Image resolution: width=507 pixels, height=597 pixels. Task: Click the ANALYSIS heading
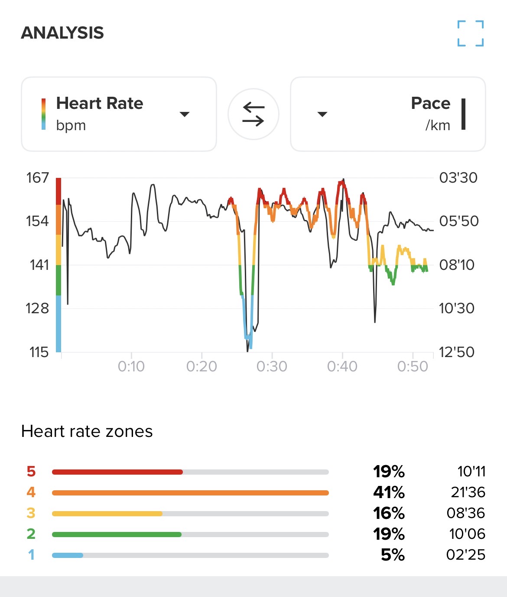(62, 33)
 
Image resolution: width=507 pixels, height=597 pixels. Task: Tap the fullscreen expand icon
(471, 33)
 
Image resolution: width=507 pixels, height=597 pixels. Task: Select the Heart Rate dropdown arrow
(185, 114)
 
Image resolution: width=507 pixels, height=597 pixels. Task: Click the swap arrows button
(253, 114)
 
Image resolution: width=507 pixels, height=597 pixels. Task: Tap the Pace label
(430, 103)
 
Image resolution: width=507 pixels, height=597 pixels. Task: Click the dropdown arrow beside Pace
(322, 114)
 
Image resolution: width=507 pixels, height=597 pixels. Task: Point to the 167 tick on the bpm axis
(38, 177)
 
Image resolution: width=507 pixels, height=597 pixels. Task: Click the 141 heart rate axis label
(39, 265)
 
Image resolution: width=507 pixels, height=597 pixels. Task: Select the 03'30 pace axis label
(458, 177)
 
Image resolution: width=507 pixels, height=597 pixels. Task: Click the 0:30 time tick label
(272, 367)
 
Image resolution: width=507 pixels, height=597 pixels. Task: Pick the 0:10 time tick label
(131, 367)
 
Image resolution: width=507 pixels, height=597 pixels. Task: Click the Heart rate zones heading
(87, 431)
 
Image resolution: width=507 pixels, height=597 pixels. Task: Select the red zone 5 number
(31, 471)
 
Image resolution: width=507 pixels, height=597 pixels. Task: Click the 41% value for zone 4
(389, 492)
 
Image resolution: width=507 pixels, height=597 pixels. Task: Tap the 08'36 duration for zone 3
(466, 513)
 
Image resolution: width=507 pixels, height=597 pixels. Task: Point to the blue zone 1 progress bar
(68, 555)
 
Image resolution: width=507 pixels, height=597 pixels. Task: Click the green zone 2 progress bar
(117, 534)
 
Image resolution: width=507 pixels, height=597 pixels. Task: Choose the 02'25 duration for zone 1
(466, 554)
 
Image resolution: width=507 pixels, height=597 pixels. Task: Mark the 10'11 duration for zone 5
(471, 471)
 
